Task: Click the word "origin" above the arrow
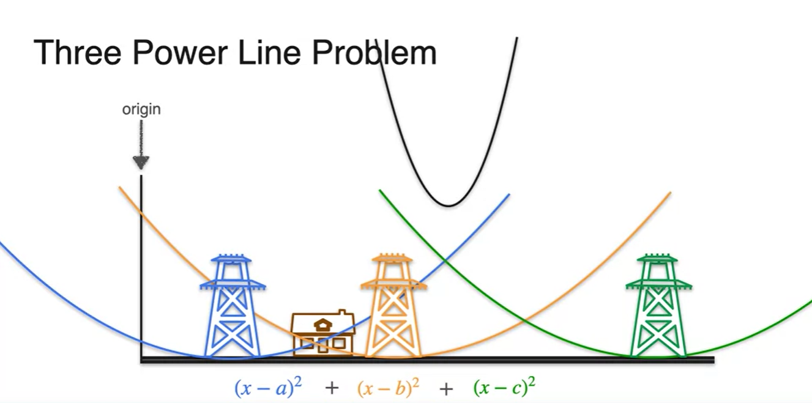141,109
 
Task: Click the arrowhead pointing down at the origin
141,163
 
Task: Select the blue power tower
232,306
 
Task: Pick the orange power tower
393,306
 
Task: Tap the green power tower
658,306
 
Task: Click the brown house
322,333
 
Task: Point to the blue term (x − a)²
269,387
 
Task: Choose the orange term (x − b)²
389,387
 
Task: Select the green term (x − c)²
505,387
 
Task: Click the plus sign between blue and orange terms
332,388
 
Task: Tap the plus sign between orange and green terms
446,388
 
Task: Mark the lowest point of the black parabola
449,205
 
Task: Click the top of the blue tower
232,257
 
